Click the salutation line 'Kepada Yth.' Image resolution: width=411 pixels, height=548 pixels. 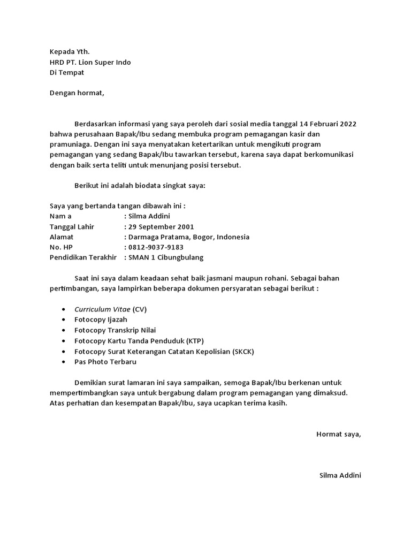coord(70,52)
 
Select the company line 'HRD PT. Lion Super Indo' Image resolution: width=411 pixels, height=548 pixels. coord(90,62)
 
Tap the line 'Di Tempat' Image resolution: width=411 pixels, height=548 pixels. coord(67,72)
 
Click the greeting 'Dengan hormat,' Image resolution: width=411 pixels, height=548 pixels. coord(77,93)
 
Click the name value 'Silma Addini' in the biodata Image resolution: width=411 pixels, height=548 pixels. coord(149,216)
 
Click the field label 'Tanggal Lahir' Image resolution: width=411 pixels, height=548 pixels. coord(72,226)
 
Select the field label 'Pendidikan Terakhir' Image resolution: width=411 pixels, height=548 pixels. coord(83,257)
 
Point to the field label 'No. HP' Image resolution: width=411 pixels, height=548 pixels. coord(60,247)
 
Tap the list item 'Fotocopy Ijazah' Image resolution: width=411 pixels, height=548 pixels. coord(101,319)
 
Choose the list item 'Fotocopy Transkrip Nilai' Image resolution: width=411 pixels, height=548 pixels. coord(115,330)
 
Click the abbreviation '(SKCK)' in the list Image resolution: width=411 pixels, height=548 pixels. coord(243,351)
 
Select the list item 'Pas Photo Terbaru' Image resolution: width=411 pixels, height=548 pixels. coord(105,361)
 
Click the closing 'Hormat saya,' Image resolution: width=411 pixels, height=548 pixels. coord(339,433)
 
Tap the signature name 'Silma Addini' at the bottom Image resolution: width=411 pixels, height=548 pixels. coord(340,475)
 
